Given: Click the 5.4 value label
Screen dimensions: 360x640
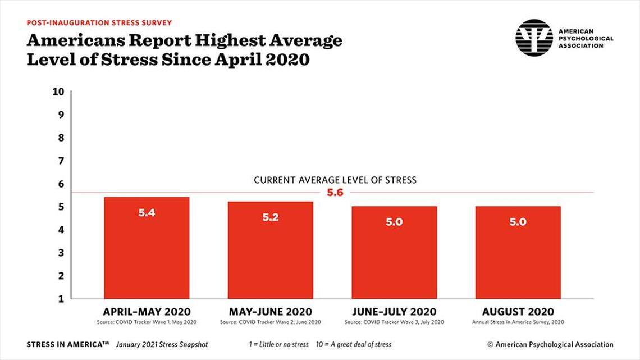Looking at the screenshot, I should pos(147,213).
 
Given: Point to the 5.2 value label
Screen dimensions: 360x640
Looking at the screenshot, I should pos(270,217).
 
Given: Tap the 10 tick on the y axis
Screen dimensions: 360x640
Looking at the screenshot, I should pos(59,92).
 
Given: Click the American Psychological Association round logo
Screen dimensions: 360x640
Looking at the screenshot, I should pos(534,38).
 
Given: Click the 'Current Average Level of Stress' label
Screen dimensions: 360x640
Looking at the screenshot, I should pos(335,180).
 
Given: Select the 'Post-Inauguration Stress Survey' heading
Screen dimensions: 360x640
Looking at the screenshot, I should pos(99,23).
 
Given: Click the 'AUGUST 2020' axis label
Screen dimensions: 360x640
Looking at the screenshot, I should pos(518,312).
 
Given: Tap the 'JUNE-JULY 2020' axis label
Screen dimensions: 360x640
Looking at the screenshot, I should pos(394,312).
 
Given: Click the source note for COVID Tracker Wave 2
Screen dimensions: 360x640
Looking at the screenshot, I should pos(270,322).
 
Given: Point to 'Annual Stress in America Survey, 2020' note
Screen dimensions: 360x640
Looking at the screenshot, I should pos(518,322).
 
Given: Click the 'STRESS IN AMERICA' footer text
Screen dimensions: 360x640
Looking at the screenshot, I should pos(68,344).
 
